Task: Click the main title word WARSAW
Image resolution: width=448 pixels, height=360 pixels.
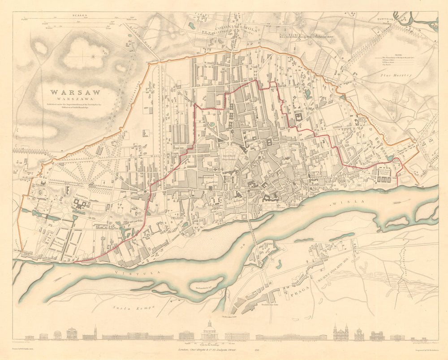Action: click(x=75, y=92)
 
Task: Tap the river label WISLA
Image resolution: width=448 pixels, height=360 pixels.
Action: click(x=342, y=204)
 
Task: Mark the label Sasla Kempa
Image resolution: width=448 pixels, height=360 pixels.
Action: click(x=133, y=308)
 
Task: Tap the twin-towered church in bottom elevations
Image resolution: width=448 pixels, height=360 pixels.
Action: click(x=340, y=333)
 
